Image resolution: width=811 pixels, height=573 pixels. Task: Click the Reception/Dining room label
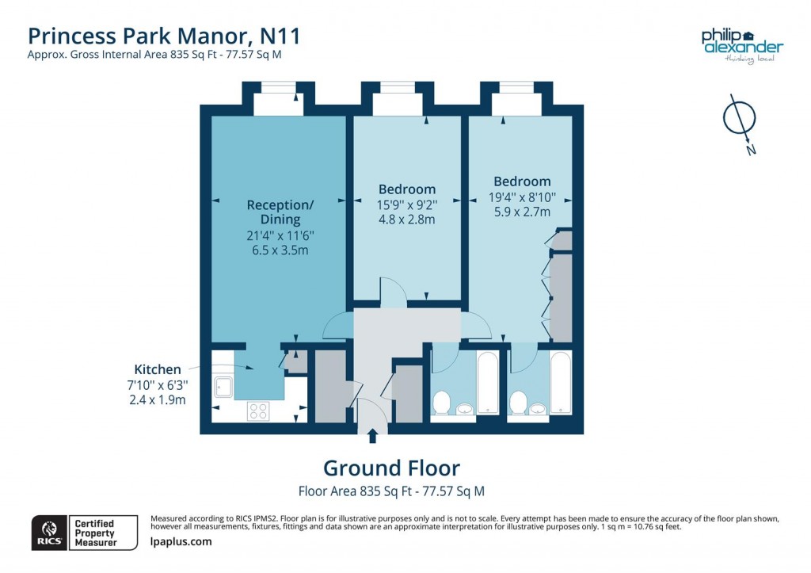coord(280,212)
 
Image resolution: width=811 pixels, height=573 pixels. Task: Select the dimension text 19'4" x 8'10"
coord(521,197)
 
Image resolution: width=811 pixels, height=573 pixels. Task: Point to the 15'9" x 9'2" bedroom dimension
coord(406,204)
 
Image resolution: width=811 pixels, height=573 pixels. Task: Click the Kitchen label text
coord(157,369)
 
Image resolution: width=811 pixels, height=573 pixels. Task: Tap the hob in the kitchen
coord(258,411)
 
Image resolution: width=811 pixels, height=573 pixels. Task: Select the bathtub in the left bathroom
coord(487,384)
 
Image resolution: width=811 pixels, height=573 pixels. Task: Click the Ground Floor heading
coord(391,468)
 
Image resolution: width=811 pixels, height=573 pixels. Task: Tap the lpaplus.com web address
coord(181,541)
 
